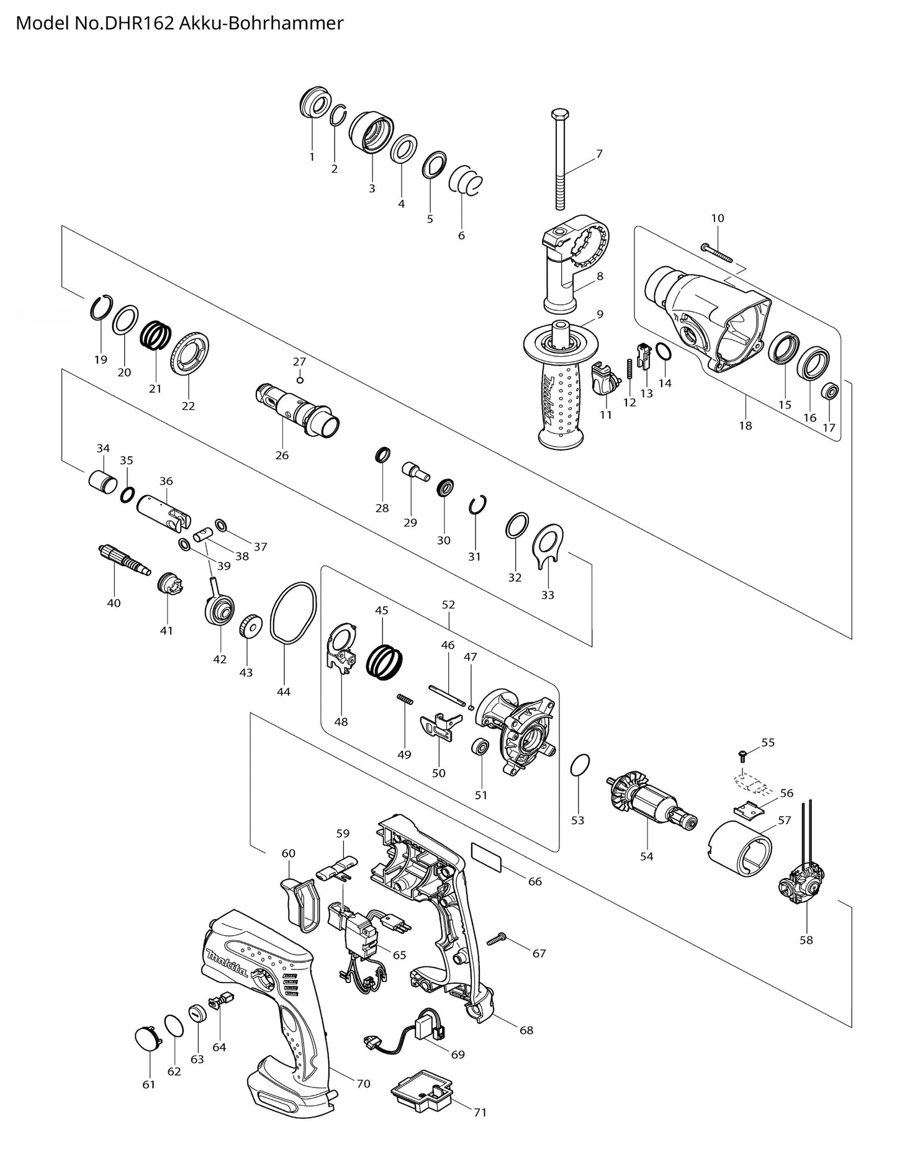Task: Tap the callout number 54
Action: pyautogui.click(x=646, y=856)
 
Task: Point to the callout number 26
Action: pyautogui.click(x=282, y=456)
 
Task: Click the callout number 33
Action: pyautogui.click(x=547, y=595)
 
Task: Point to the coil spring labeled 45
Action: pyautogui.click(x=385, y=657)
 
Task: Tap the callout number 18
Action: pyautogui.click(x=745, y=426)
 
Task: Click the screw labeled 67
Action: pyautogui.click(x=497, y=941)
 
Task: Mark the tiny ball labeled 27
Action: pyautogui.click(x=299, y=380)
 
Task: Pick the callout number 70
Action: pyautogui.click(x=363, y=1084)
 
